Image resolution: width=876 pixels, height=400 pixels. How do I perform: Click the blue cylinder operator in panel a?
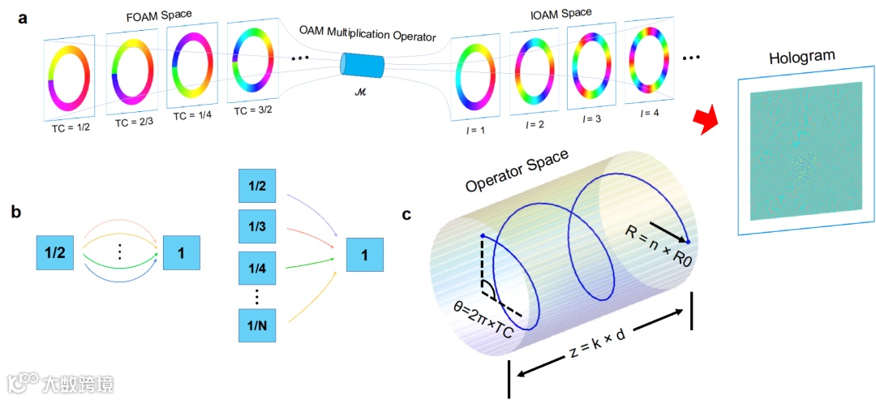[x=363, y=64]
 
